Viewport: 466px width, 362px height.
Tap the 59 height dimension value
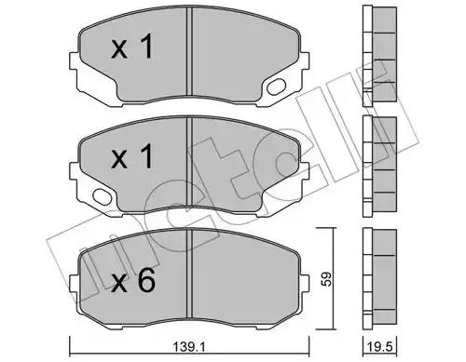pyautogui.click(x=325, y=279)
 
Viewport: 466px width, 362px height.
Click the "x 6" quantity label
pyautogui.click(x=133, y=280)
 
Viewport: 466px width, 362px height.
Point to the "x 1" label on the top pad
pyautogui.click(x=132, y=47)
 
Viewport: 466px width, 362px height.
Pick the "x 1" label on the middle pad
pyautogui.click(x=132, y=156)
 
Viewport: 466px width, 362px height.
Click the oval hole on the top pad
pyautogui.click(x=276, y=87)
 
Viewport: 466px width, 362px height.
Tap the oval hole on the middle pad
pyautogui.click(x=103, y=196)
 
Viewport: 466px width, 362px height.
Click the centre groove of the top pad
pyautogui.click(x=190, y=51)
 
